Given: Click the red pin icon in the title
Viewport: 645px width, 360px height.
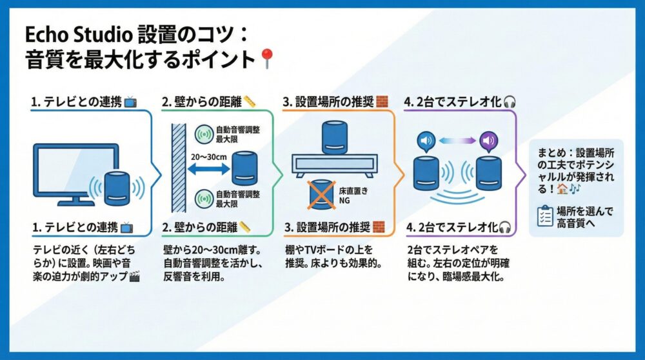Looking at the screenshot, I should pos(266,60).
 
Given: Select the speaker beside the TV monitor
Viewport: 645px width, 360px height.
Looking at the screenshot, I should pos(117,188).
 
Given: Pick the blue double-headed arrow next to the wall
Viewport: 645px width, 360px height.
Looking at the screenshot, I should pos(206,169).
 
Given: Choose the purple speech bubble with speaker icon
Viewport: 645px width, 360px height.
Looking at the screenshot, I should pos(488,141).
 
